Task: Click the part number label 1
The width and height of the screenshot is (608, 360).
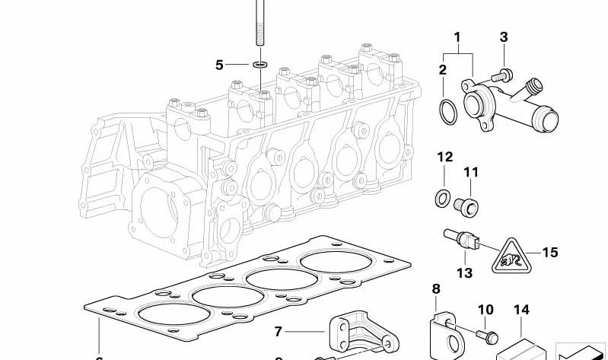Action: (x=457, y=37)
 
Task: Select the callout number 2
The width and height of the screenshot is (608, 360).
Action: (x=442, y=71)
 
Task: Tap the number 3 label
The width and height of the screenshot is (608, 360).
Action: (x=503, y=37)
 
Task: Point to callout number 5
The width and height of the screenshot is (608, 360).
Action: (x=219, y=65)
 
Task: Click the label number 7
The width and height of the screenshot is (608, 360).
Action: (x=278, y=331)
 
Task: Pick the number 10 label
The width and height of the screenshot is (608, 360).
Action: (x=485, y=310)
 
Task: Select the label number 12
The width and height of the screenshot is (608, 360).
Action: (x=444, y=158)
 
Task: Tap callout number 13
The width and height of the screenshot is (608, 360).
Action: (x=463, y=272)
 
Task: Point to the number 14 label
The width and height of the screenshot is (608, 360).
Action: (x=520, y=310)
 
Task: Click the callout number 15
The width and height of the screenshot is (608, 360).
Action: (x=550, y=251)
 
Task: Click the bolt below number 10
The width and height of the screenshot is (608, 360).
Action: (x=484, y=333)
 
